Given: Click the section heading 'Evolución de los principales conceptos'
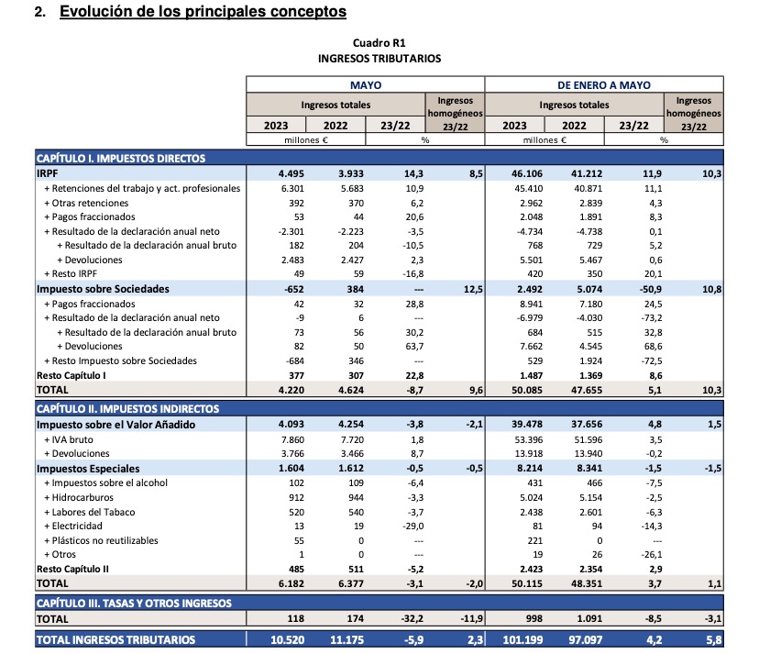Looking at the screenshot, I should point(203,12).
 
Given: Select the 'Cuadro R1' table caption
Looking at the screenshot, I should point(379,43).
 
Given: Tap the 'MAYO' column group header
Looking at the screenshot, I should point(365,84).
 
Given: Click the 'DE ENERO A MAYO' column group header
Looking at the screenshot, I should point(603,84).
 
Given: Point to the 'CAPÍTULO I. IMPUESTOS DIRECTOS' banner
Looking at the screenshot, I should point(120,158).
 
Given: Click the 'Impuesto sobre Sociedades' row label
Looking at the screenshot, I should point(103,289).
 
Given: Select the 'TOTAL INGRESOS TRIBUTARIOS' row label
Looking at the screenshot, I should point(115,639).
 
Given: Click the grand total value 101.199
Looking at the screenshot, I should point(511,639).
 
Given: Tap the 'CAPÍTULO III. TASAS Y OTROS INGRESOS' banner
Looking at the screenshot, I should point(134,603).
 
